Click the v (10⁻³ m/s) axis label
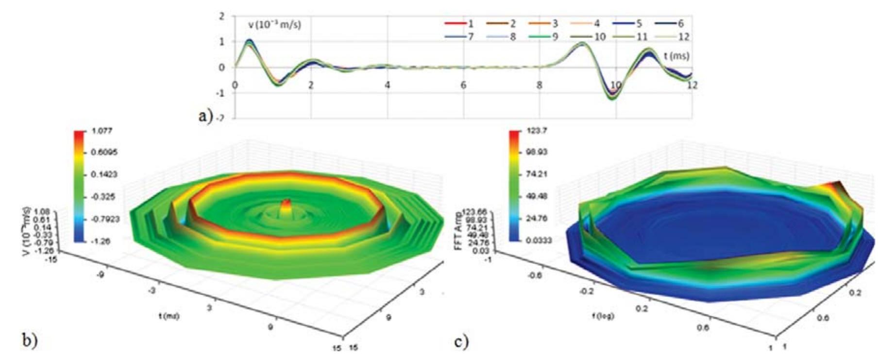[274, 24]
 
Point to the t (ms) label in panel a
[676, 56]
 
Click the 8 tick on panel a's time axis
[540, 85]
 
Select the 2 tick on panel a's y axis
[222, 17]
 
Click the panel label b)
[30, 340]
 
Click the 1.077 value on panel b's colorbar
[101, 131]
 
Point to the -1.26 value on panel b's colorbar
[101, 241]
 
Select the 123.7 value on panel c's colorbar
[536, 131]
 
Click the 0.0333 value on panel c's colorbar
[539, 240]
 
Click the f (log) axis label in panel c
[602, 316]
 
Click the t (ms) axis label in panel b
[169, 316]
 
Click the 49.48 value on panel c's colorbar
[536, 196]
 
